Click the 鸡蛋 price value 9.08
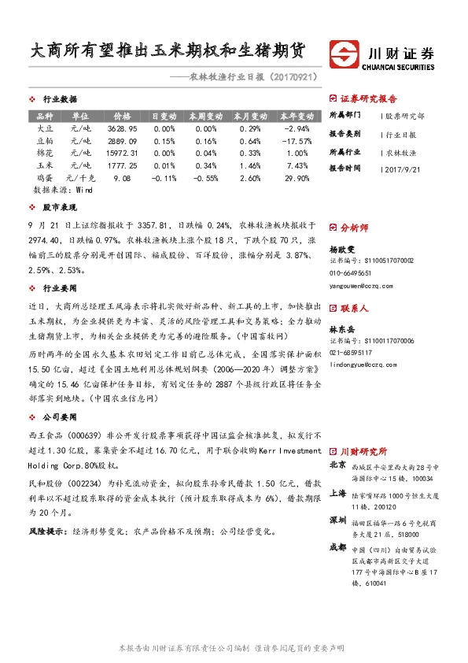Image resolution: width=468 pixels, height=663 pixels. click(x=122, y=179)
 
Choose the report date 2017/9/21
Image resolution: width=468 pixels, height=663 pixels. click(x=407, y=169)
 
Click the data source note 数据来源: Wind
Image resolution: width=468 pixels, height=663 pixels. click(x=57, y=191)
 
